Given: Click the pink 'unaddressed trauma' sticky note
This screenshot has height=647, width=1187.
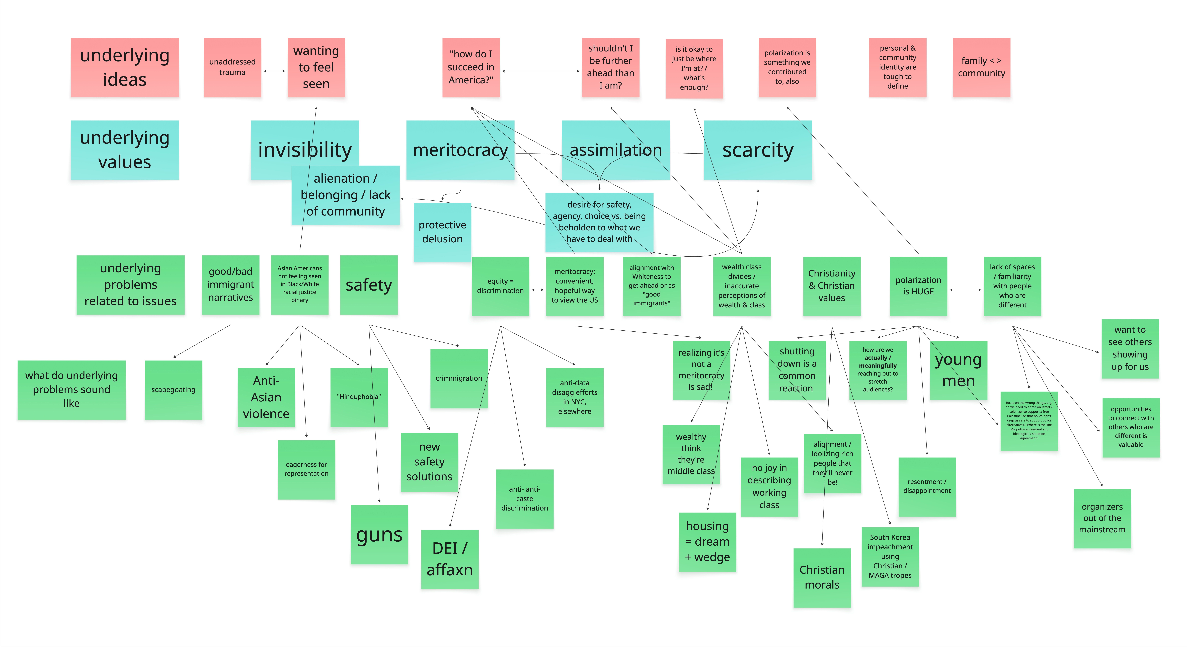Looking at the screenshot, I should coord(232,67).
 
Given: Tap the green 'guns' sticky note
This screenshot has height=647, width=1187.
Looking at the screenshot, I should coord(379,535).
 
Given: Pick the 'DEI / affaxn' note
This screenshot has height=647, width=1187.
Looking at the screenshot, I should coord(450,559).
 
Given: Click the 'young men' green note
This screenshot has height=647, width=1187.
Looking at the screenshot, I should coord(958,370).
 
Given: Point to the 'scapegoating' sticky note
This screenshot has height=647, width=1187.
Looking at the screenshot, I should coord(173,390).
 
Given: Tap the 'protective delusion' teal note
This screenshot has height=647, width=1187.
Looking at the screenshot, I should coord(442,232).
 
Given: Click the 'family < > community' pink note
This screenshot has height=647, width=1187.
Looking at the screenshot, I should coord(981,67).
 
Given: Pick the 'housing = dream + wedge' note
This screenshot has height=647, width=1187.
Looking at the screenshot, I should coord(707,542).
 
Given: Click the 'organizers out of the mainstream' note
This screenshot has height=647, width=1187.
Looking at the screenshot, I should coord(1102,518).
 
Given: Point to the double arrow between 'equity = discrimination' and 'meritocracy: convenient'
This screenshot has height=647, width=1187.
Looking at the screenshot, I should coord(538,290).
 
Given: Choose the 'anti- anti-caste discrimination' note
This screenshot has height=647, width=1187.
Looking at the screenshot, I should coord(524,499).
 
